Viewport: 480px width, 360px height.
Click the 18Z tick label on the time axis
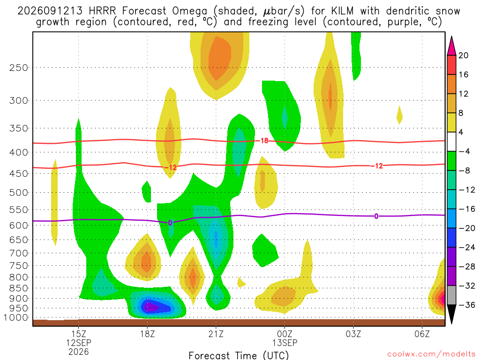pos(147,333)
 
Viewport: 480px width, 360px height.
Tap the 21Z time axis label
pos(216,333)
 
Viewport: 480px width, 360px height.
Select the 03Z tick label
pos(353,333)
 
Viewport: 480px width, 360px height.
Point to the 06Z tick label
pos(422,333)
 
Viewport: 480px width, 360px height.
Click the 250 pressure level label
pos(19,67)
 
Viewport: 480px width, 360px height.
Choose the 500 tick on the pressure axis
pos(19,193)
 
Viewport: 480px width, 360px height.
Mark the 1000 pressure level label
pos(16,318)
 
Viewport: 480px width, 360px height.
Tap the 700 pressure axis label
pos(19,253)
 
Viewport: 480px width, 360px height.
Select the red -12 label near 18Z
pos(170,167)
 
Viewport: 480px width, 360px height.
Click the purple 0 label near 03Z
pos(376,217)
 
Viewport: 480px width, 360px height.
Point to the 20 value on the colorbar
pos(463,55)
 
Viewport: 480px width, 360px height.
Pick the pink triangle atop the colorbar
pos(451,46)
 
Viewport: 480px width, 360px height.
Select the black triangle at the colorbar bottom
pos(451,314)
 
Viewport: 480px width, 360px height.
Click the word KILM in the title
pos(342,11)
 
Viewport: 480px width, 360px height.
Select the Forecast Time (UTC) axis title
pos(239,355)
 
